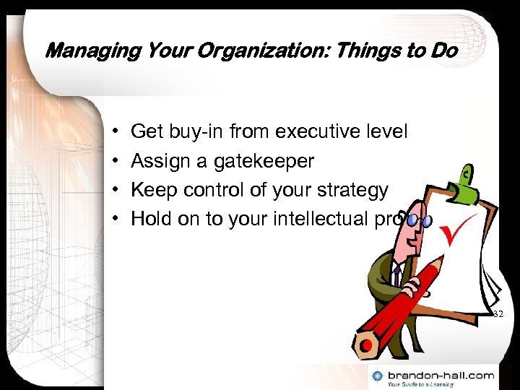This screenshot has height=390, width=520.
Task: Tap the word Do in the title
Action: tap(443, 51)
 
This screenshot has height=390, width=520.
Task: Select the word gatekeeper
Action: tap(264, 161)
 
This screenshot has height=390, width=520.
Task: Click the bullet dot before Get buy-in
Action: tap(116, 133)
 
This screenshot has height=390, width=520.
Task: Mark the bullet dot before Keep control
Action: tap(116, 191)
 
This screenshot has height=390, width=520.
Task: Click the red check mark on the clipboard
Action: tap(460, 231)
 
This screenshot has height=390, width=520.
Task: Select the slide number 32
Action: tap(498, 314)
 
